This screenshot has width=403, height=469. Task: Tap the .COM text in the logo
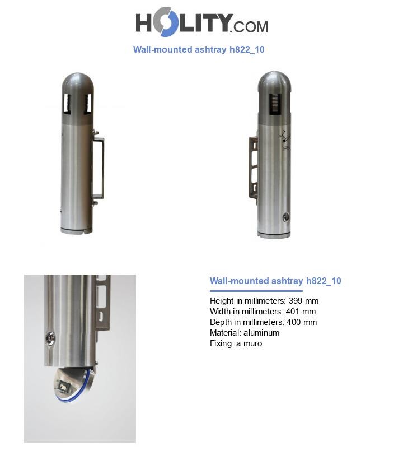[x=249, y=27]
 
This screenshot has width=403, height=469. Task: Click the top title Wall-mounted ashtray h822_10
[x=199, y=49]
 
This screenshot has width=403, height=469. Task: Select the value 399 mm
[x=303, y=300]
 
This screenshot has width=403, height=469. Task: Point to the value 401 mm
[x=301, y=312]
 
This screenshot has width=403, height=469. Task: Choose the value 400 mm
[x=302, y=322]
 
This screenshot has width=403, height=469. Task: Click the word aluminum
[x=261, y=333]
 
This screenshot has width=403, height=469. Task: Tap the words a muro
[x=249, y=343]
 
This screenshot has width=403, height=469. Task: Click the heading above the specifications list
[x=275, y=281]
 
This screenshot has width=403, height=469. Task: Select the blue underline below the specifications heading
[x=256, y=291]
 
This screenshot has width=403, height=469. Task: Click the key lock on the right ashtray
[x=286, y=217]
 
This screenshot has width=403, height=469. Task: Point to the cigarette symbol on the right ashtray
[x=285, y=137]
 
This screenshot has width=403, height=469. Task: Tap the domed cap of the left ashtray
[x=78, y=85]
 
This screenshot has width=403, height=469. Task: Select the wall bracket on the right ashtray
[x=254, y=167]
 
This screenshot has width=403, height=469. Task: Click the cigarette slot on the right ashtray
[x=275, y=104]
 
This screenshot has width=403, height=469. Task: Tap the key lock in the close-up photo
[x=50, y=338]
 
